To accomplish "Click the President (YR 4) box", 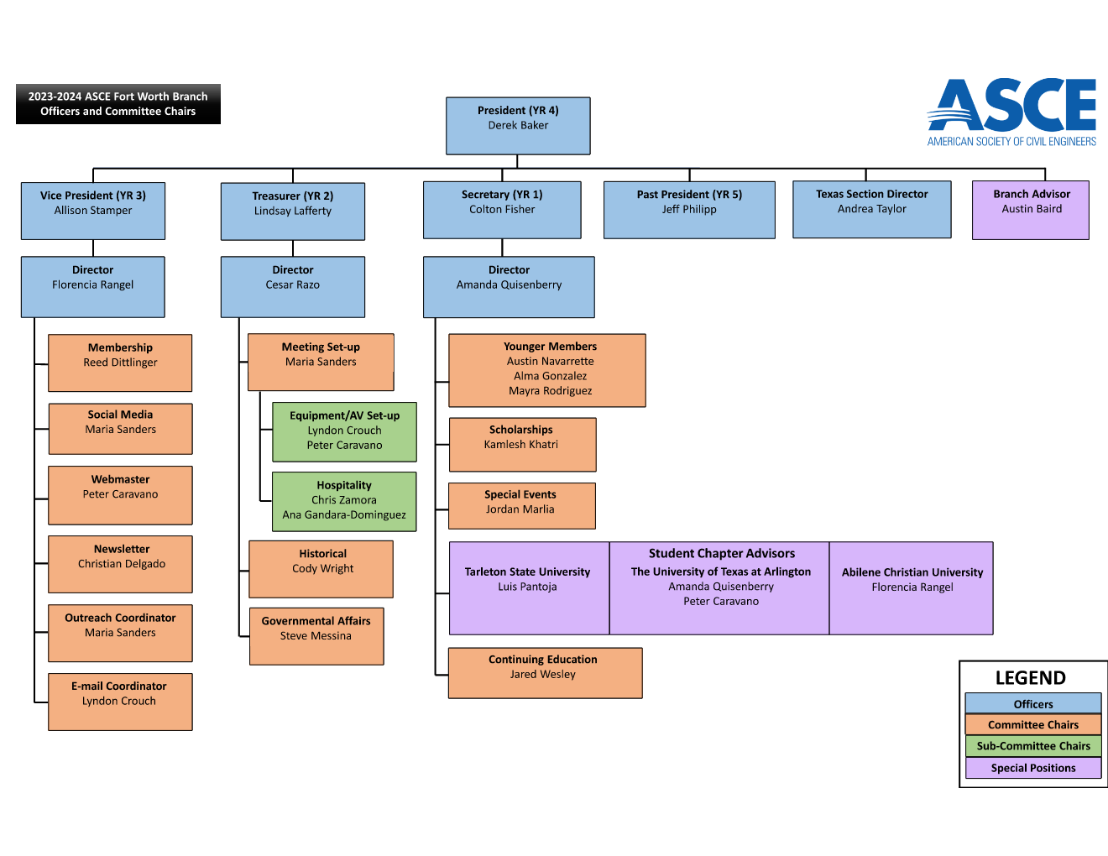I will point(518,126).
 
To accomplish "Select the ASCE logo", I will point(1011,112).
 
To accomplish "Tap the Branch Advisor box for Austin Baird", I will point(1030,210).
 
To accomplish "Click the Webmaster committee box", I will point(120,495).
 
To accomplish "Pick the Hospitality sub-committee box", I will point(344,501).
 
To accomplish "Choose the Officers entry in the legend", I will point(1032,704).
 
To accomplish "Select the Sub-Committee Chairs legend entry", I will point(1032,746).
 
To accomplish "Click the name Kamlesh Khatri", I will point(520,445).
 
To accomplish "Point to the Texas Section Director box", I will point(871,209).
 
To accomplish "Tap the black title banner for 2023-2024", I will point(118,104).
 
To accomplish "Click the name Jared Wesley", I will point(542,675).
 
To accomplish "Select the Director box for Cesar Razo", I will point(292,286).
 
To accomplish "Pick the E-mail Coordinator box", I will point(120,702).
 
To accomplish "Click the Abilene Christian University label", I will point(912,572).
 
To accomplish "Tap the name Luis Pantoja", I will point(527,587).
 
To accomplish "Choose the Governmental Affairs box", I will point(316,636).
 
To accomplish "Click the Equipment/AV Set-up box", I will point(344,431).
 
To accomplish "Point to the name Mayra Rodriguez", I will point(550,391).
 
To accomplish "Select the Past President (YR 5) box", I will point(689,209).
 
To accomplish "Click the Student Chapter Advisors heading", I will point(721,554).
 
